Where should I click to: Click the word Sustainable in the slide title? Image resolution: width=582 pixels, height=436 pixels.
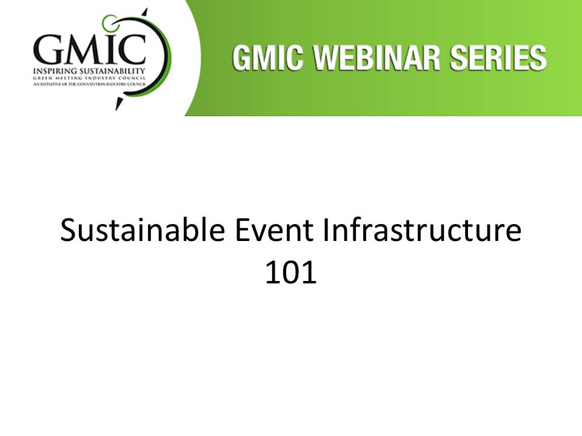pyautogui.click(x=142, y=230)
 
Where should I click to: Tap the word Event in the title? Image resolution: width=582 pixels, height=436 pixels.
pyautogui.click(x=274, y=230)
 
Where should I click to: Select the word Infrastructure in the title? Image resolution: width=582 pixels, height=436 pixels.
pyautogui.click(x=422, y=230)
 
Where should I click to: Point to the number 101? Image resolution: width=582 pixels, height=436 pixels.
pyautogui.click(x=290, y=272)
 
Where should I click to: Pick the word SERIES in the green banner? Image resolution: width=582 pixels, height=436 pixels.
pyautogui.click(x=498, y=58)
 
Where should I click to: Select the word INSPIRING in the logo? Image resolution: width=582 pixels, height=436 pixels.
pyautogui.click(x=55, y=71)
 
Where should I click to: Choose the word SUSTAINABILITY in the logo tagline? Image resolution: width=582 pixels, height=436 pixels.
pyautogui.click(x=112, y=71)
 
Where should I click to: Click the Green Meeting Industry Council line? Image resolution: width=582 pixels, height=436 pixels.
pyautogui.click(x=89, y=78)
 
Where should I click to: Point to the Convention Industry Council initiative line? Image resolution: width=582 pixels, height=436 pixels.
pyautogui.click(x=89, y=84)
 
